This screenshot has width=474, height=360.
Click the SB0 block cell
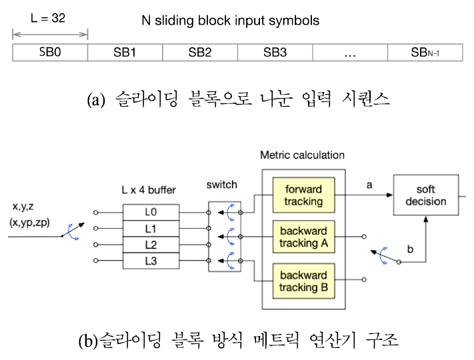tap(50, 52)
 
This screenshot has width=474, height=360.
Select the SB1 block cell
tap(125, 52)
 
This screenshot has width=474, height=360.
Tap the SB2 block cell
tap(200, 52)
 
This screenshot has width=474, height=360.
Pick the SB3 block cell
tap(275, 52)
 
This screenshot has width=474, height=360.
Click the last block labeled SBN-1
tap(425, 52)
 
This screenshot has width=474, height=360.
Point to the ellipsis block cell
tap(350, 52)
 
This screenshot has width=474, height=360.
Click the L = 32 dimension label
tap(48, 19)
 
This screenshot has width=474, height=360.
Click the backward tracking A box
tap(303, 237)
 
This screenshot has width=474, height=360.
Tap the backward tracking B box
tap(303, 281)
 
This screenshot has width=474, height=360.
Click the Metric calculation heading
tap(302, 155)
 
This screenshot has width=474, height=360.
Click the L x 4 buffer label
tap(149, 191)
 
